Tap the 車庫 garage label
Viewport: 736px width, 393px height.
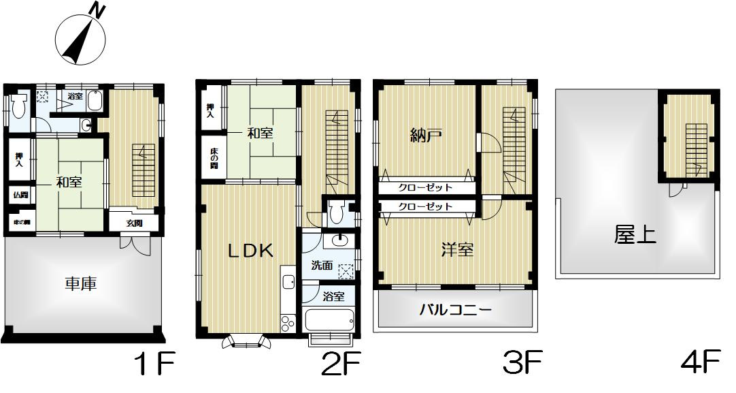point(81,283)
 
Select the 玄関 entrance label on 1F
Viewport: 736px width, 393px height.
point(135,222)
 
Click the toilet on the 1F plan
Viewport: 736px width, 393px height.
point(18,106)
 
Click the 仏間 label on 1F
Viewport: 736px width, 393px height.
point(20,195)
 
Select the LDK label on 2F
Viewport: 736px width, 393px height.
point(250,251)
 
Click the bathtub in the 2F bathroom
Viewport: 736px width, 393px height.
point(330,319)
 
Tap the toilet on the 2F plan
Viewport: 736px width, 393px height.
point(335,213)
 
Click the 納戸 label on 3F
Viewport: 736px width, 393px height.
point(426,136)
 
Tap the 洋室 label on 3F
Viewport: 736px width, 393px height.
point(456,250)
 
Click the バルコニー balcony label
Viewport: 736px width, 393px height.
point(455,311)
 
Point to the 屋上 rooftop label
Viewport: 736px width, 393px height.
point(635,235)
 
